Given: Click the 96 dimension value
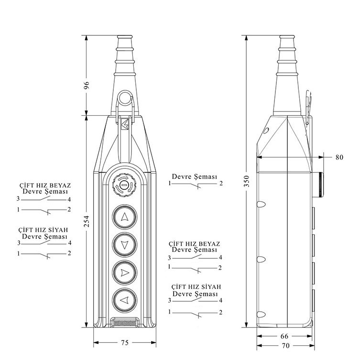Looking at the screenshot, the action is tap(87, 86).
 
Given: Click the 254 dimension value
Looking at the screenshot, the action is tap(87, 221).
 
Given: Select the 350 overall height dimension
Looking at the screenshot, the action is tap(247, 181).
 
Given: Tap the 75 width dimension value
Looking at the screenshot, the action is tap(125, 342).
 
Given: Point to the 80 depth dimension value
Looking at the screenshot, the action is tap(339, 157).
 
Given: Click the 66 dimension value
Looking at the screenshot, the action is tap(284, 336).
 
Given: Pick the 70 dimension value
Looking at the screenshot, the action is tap(285, 346).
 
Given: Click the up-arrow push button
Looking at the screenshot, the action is tap(125, 217).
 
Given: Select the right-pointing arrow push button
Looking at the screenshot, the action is tap(125, 273).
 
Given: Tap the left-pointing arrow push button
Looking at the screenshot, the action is tap(125, 300).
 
